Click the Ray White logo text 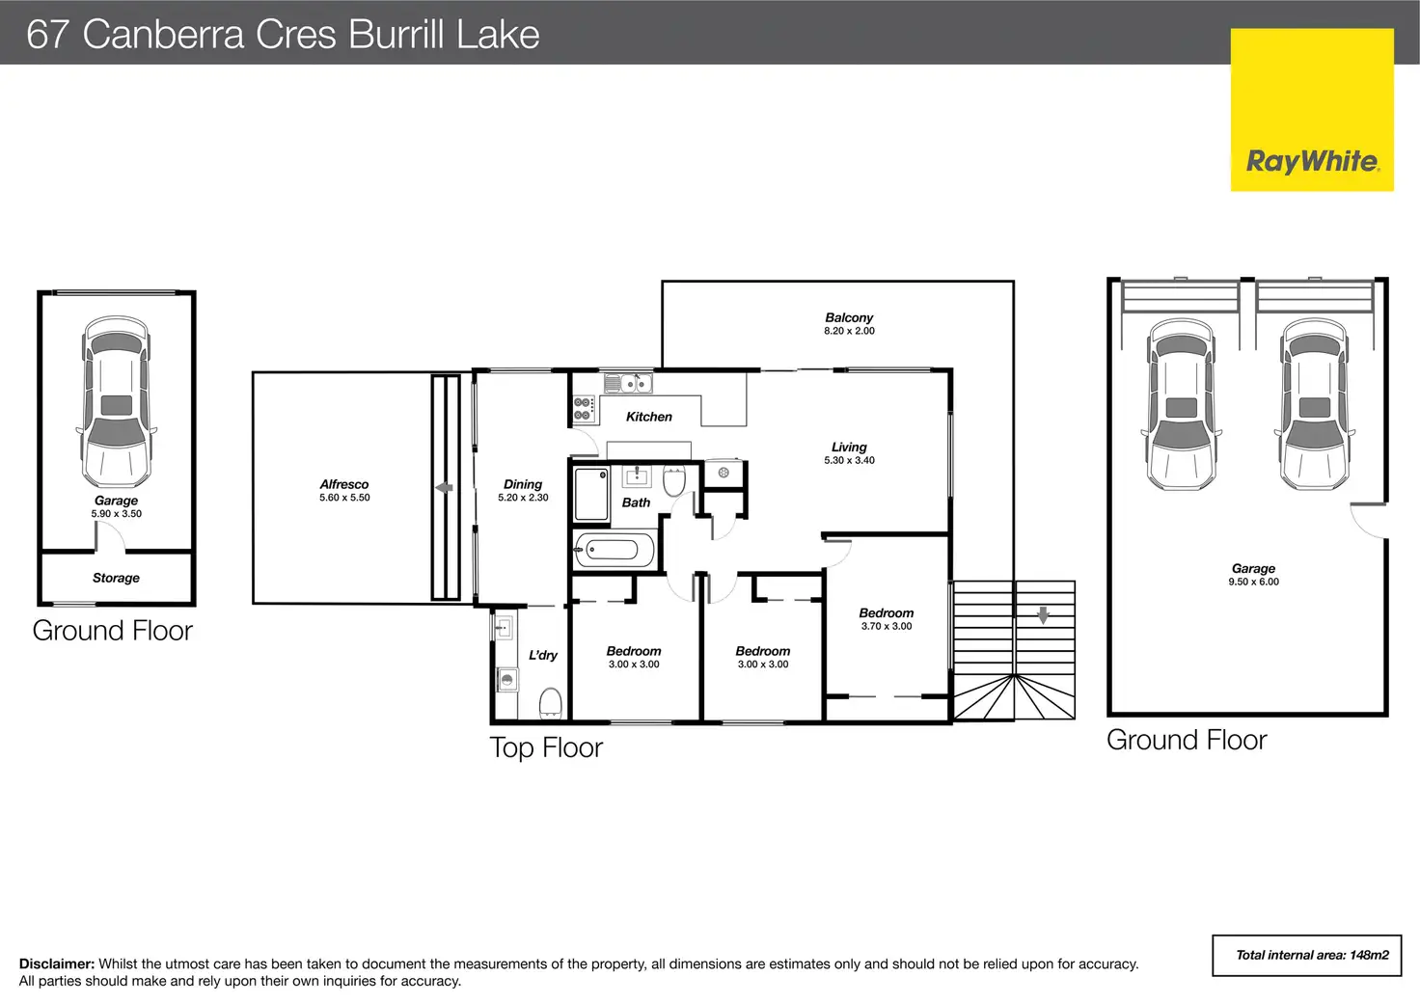(x=1312, y=161)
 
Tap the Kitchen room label (x=648, y=417)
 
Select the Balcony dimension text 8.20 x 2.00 (x=849, y=331)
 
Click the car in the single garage (x=117, y=402)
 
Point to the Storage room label (x=116, y=578)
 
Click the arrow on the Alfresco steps (x=444, y=487)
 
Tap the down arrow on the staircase (x=1043, y=614)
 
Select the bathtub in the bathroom (x=613, y=550)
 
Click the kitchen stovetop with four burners (x=584, y=409)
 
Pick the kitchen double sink (x=628, y=384)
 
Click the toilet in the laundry (x=550, y=703)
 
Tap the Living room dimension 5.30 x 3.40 (x=849, y=461)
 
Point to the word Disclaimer (x=57, y=964)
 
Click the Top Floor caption (x=546, y=747)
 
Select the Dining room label (x=523, y=484)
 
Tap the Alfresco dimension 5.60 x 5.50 (x=344, y=499)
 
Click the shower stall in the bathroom (x=591, y=495)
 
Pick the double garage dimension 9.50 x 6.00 (x=1253, y=582)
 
